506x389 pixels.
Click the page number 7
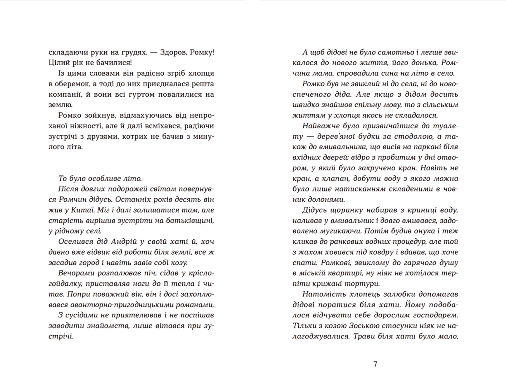click(375, 364)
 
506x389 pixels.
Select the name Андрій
click(124, 242)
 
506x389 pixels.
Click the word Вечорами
click(76, 273)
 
